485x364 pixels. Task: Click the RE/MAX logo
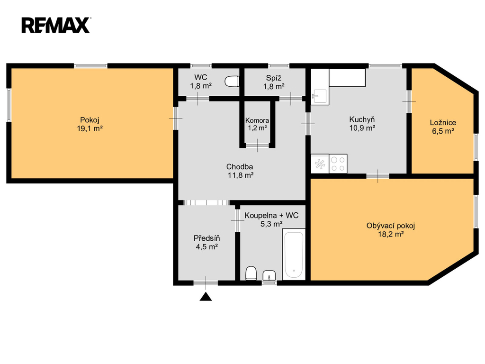pyautogui.click(x=56, y=25)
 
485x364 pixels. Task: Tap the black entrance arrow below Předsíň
pyautogui.click(x=206, y=297)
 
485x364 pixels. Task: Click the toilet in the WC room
pyautogui.click(x=232, y=82)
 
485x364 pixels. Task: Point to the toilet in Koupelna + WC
pyautogui.click(x=251, y=273)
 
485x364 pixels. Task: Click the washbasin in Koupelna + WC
pyautogui.click(x=269, y=275)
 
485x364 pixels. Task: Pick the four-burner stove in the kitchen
pyautogui.click(x=338, y=164)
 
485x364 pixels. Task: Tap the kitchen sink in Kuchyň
pyautogui.click(x=319, y=96)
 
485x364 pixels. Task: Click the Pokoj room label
pyautogui.click(x=90, y=120)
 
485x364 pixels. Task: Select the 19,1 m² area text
pyautogui.click(x=90, y=128)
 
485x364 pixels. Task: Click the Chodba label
pyautogui.click(x=240, y=166)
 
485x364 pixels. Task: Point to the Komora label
pyautogui.click(x=257, y=120)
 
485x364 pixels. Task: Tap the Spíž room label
pyautogui.click(x=274, y=78)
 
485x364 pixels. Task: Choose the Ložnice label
pyautogui.click(x=443, y=123)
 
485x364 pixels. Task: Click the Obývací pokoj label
pyautogui.click(x=391, y=226)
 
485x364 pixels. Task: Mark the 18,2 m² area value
pyautogui.click(x=391, y=234)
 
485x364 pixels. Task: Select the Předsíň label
pyautogui.click(x=207, y=238)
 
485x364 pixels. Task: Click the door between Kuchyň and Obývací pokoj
pyautogui.click(x=377, y=176)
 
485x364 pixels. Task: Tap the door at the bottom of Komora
pyautogui.click(x=257, y=145)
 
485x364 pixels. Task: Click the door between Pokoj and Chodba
pyautogui.click(x=176, y=118)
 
